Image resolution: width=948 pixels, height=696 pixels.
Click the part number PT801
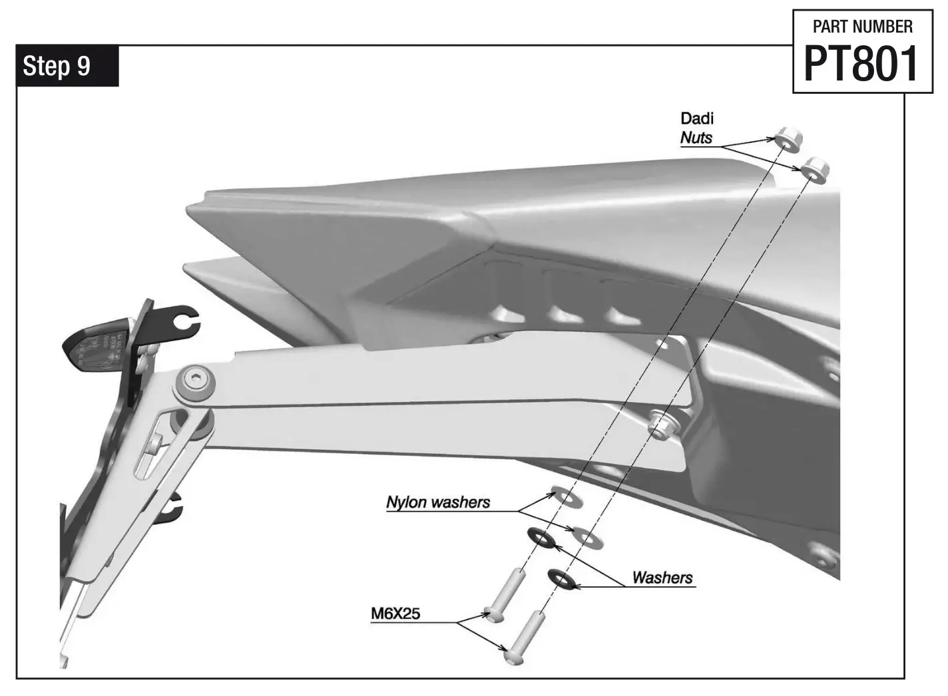coord(861,64)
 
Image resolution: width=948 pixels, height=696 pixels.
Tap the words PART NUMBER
coord(862,27)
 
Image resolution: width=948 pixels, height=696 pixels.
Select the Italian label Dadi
coord(696,118)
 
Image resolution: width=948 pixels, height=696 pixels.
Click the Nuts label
coord(696,138)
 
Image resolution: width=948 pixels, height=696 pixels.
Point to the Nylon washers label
coord(438,502)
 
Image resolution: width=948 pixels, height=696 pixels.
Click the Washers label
coord(662,578)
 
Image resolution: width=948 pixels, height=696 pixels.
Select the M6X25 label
coord(395,613)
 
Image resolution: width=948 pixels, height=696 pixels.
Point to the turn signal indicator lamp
coord(93,343)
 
